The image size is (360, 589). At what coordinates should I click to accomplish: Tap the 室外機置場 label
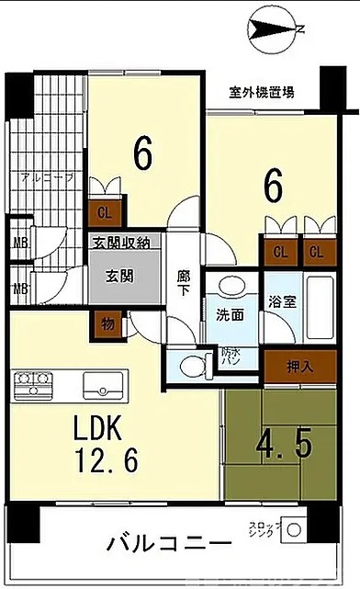(263, 92)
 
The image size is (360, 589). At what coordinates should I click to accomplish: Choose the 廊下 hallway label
(182, 280)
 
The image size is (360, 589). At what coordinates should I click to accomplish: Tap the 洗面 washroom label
(230, 314)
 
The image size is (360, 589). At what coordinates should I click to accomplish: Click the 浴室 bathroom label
(283, 300)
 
